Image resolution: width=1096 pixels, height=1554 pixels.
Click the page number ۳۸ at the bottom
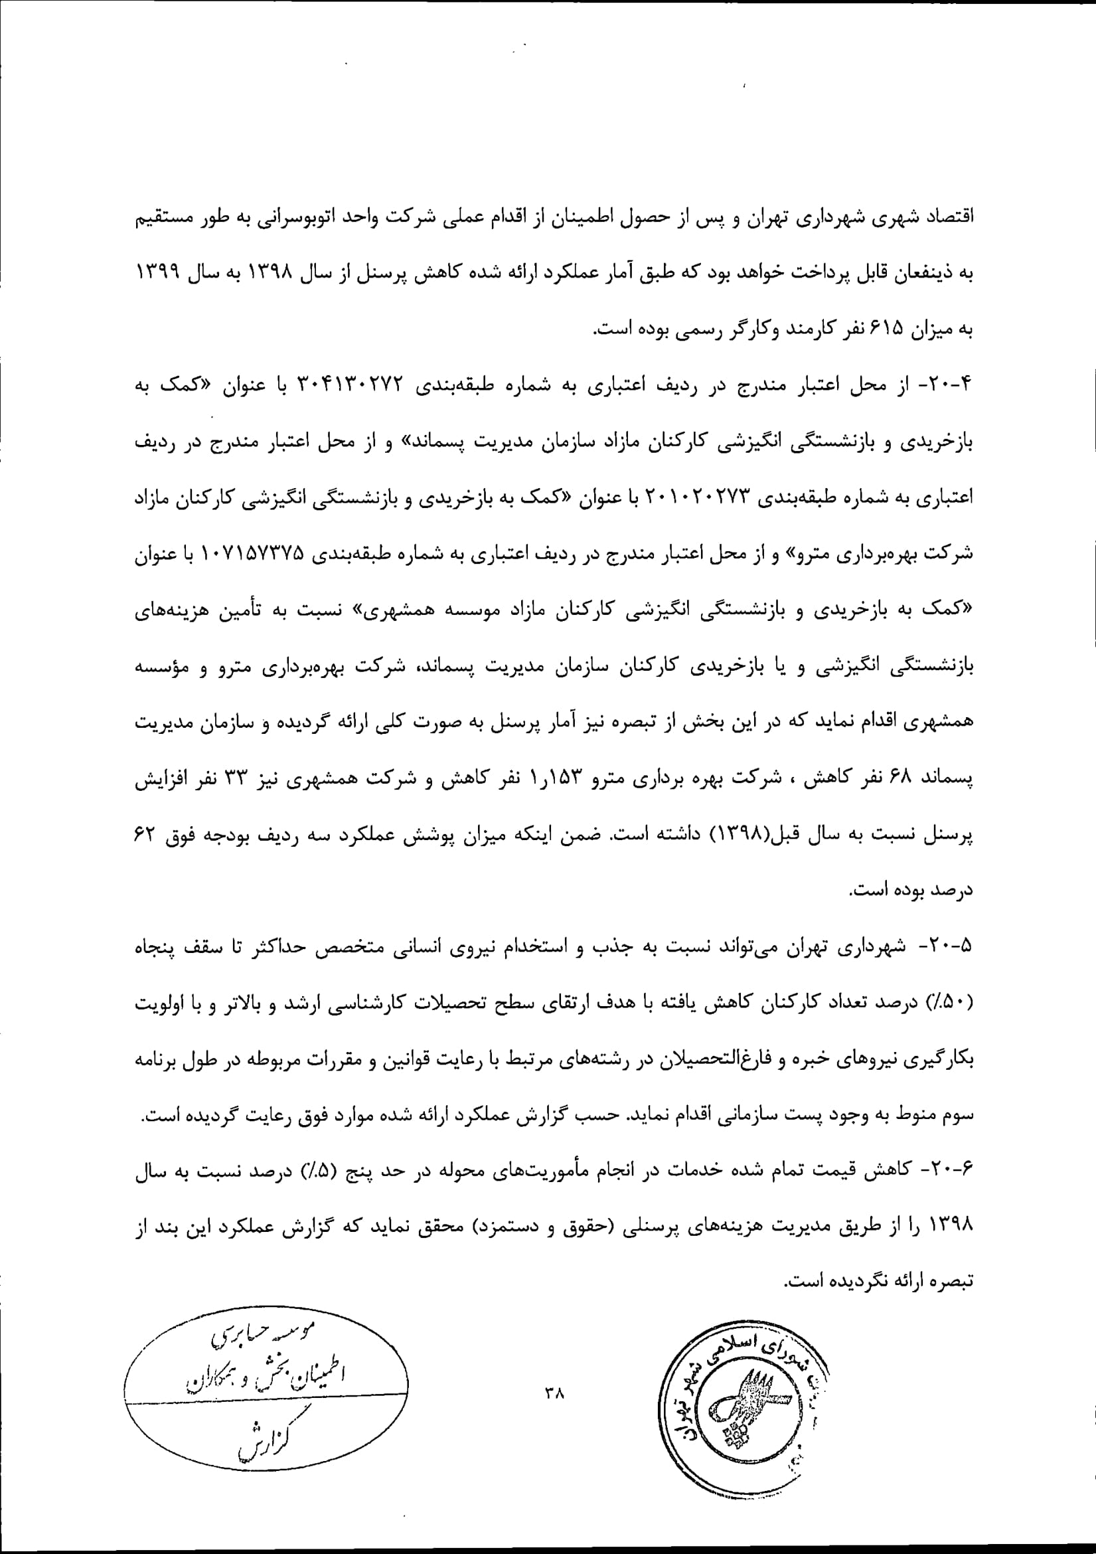click(x=554, y=1393)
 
